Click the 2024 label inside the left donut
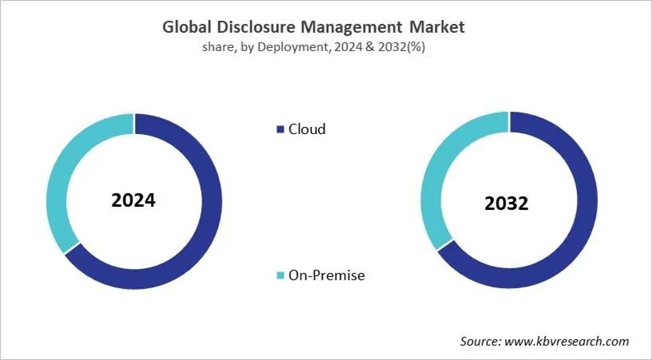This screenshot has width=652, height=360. (133, 200)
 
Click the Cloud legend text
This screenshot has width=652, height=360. (307, 129)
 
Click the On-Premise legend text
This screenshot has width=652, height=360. (327, 275)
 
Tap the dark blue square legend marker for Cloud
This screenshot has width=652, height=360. (279, 129)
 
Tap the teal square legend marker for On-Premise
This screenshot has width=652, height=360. (279, 275)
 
